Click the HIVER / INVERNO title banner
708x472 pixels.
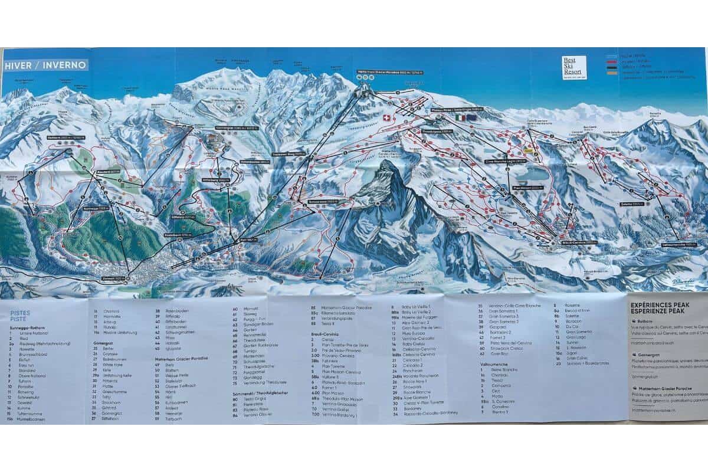pos(45,65)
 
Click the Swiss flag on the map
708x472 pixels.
pos(386,118)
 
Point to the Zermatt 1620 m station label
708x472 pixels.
pos(115,278)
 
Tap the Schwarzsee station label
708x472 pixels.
pos(322,202)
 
